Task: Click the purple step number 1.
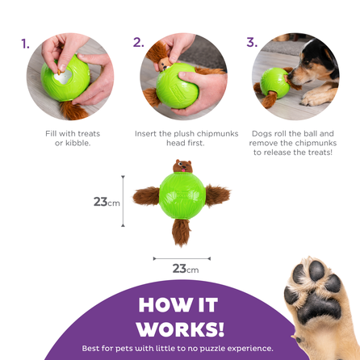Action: click(27, 43)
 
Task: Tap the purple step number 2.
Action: click(139, 43)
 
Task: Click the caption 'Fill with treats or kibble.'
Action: click(68, 138)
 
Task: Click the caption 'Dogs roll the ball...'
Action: click(292, 144)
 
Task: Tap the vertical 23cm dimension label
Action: click(106, 202)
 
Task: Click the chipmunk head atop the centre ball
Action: click(182, 167)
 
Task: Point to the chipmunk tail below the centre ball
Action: click(182, 232)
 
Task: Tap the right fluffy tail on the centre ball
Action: click(216, 195)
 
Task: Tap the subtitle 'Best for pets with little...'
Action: click(180, 349)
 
